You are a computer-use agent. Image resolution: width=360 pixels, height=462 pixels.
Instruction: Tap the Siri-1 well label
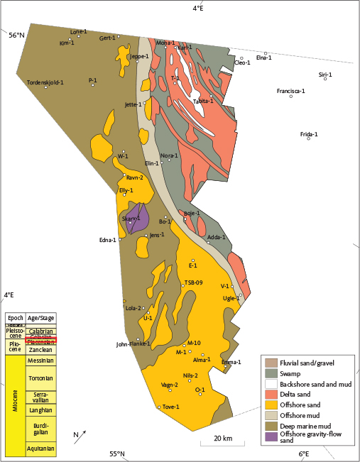tap(325, 74)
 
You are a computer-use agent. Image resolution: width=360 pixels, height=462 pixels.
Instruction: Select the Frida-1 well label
tap(309, 134)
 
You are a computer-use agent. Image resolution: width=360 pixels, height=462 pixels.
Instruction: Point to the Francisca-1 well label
tap(290, 91)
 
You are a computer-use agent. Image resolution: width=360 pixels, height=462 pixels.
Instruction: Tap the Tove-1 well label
tap(169, 406)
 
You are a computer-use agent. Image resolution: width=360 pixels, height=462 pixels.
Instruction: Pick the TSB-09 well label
tap(194, 282)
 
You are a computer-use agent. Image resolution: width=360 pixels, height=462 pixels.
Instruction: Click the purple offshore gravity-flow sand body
tap(139, 217)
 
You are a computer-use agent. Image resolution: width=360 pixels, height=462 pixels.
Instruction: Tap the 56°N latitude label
tap(16, 34)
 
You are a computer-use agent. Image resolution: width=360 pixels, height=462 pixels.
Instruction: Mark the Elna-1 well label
tap(264, 58)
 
